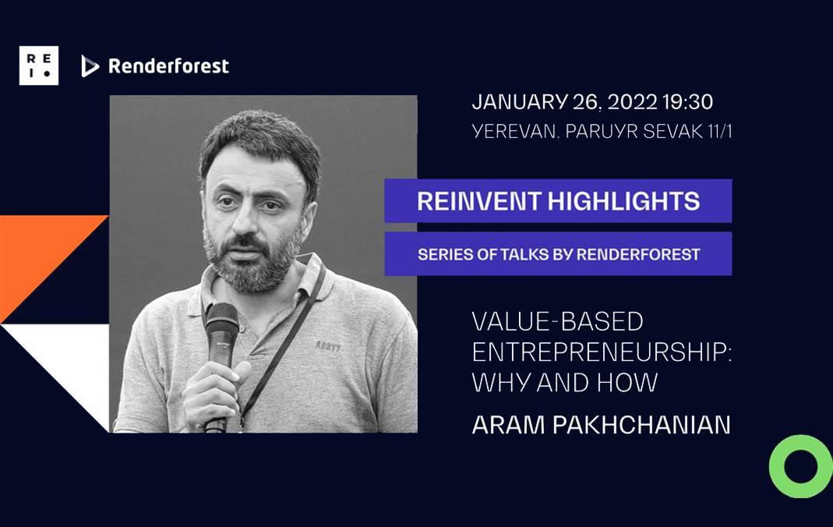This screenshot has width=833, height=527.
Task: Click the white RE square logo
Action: pos(39,65)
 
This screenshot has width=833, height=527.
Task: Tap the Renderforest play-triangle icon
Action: pos(90,65)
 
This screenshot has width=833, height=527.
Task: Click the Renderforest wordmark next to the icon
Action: pos(168,65)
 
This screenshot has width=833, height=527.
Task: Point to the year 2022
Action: pos(633,102)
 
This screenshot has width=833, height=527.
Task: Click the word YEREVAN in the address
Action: pos(514,131)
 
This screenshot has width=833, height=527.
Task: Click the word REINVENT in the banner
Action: pos(479,201)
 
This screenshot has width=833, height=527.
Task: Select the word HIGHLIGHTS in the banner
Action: pos(623,201)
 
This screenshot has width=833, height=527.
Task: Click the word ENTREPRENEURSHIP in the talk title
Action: pos(602,352)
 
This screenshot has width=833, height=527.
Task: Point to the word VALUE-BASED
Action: pos(558,321)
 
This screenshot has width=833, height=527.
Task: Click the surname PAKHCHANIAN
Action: pos(641,425)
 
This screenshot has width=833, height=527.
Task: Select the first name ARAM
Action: pos(508,425)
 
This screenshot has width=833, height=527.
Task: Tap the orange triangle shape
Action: pos(37,255)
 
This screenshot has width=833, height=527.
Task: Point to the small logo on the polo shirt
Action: pos(328,346)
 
